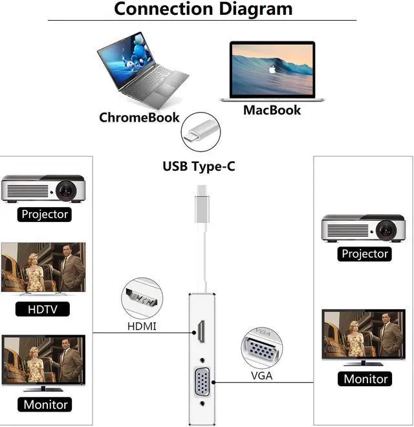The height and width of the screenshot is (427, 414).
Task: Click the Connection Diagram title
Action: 203,9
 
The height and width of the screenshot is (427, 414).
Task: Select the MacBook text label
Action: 272,110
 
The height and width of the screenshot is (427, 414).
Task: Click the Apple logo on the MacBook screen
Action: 273,67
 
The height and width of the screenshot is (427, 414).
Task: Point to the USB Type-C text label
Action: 199,166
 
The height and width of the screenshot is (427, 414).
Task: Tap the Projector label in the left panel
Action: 45,214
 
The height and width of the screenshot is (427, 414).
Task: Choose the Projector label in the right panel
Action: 365,254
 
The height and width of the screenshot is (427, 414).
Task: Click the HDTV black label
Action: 43,309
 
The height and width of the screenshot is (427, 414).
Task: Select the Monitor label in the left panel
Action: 45,404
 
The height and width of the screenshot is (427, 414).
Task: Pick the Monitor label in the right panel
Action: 366,379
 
